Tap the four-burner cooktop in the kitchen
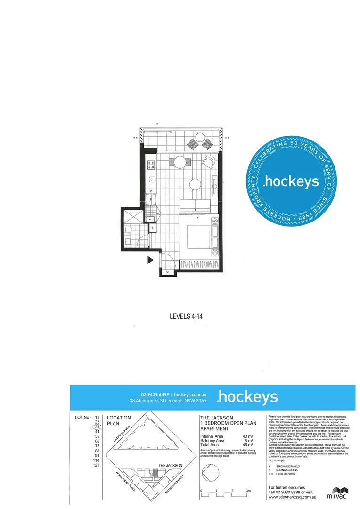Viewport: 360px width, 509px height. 152,165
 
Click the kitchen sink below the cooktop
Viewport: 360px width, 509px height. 152,179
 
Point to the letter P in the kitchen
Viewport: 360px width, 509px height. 151,191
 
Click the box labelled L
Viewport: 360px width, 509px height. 153,228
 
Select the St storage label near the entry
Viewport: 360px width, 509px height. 166,272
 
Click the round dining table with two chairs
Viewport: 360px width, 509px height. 180,163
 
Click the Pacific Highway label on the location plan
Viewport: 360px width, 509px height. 124,432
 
